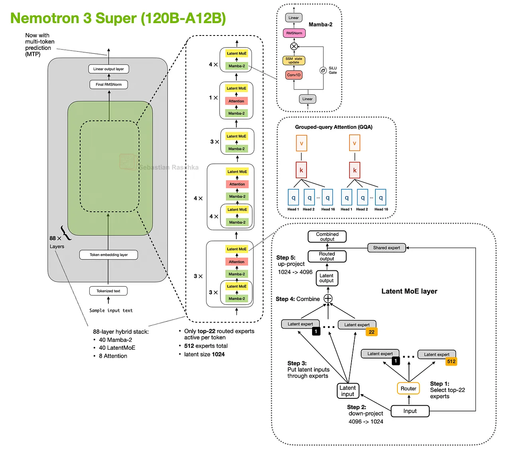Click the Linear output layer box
tap(108, 69)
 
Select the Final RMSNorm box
tap(108, 85)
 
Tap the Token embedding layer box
tap(108, 255)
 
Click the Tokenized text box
tap(108, 291)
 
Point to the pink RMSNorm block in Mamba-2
tap(294, 33)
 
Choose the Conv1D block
tap(294, 75)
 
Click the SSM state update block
tap(294, 61)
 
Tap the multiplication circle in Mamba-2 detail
tap(294, 46)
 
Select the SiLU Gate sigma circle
tap(323, 71)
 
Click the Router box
tap(408, 388)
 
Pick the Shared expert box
tap(386, 248)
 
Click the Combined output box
tap(327, 237)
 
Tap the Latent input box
tap(348, 391)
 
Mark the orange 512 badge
tap(451, 362)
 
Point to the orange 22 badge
tap(371, 332)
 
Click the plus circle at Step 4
tap(328, 299)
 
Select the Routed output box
tap(327, 256)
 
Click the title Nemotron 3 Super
tap(118, 18)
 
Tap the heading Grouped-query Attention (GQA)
tap(334, 127)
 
